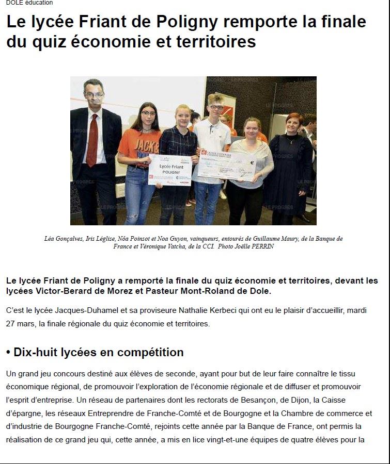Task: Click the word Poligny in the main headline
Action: [208, 23]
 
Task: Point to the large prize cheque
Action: [227, 164]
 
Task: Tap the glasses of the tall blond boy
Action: [216, 107]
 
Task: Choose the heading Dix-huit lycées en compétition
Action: [99, 353]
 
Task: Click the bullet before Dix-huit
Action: [8, 353]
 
